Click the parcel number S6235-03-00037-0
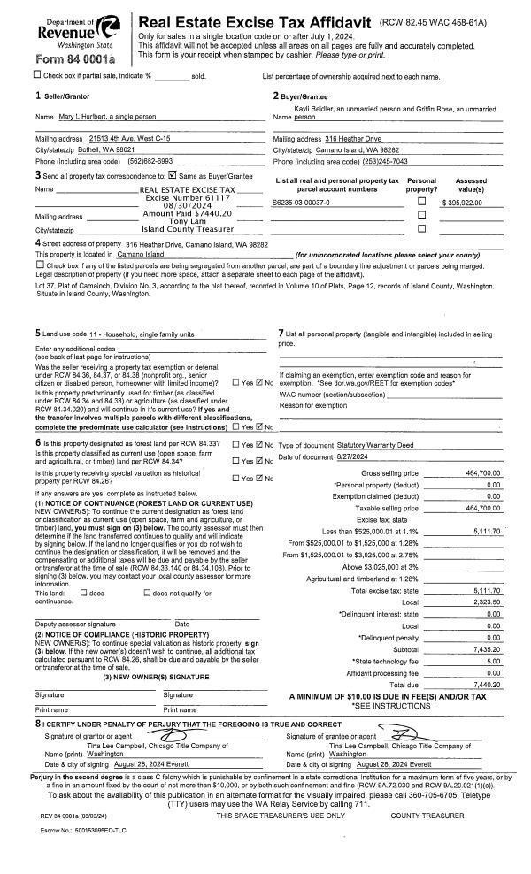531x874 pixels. pyautogui.click(x=301, y=203)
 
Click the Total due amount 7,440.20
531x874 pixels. pyautogui.click(x=486, y=660)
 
